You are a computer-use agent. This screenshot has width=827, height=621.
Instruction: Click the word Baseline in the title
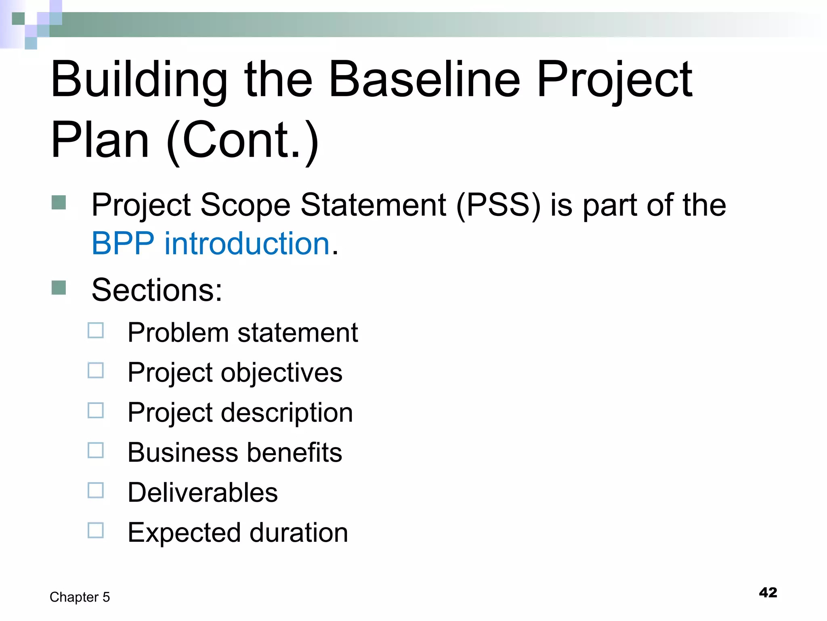tap(424, 79)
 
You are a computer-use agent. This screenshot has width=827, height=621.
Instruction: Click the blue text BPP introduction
tap(211, 244)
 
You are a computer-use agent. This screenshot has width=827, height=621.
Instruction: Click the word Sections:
tap(157, 290)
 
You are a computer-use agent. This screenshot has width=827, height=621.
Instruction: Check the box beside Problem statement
tap(96, 330)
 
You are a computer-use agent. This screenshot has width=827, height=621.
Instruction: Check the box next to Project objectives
tap(96, 370)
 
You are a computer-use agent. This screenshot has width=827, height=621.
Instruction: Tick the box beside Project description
tap(96, 410)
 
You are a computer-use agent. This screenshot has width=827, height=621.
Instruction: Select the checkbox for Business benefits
tap(96, 450)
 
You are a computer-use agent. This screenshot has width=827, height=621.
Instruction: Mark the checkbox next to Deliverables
tap(96, 490)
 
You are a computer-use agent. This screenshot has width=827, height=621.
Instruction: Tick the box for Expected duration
tap(96, 530)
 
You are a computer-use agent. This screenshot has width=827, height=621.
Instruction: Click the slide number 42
tap(768, 593)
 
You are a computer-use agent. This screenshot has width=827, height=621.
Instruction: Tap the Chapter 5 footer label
tap(80, 597)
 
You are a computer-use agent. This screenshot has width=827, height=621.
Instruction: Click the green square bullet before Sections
tap(59, 288)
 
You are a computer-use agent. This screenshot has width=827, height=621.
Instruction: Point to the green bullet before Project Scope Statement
tap(59, 203)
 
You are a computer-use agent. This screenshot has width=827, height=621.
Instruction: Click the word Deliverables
tap(203, 492)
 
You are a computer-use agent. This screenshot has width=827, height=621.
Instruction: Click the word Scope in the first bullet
tap(245, 205)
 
